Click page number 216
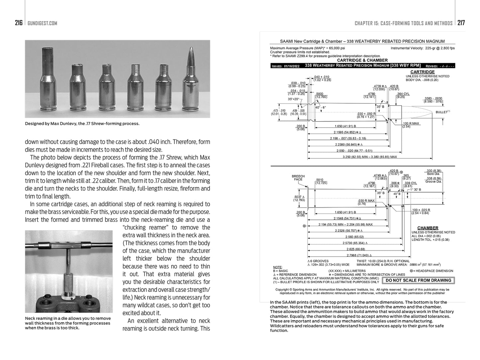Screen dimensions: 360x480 click(19, 23)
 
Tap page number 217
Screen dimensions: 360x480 click(461, 23)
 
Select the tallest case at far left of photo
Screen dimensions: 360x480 click(46, 78)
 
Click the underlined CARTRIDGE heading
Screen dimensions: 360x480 click(423, 72)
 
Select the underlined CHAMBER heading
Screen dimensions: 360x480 click(428, 228)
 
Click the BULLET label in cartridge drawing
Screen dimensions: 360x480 click(442, 112)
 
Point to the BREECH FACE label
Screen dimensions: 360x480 click(298, 178)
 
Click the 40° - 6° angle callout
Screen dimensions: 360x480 click(321, 107)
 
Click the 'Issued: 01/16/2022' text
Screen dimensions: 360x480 click(285, 66)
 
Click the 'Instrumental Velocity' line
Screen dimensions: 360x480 click(423, 48)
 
